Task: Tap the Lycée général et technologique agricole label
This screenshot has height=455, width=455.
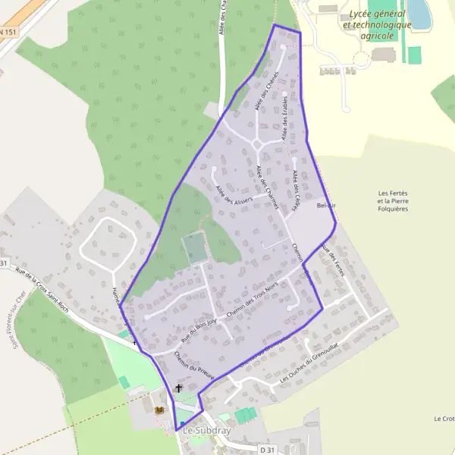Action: [377, 25]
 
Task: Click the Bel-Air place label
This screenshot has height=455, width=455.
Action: [327, 206]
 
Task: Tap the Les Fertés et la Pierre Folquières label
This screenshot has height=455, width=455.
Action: [393, 200]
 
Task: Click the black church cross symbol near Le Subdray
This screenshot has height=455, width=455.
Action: [179, 388]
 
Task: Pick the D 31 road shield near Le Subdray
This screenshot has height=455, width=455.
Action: [266, 450]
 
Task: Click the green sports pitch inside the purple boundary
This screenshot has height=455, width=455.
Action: [194, 248]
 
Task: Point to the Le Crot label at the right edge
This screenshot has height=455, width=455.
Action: [444, 419]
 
